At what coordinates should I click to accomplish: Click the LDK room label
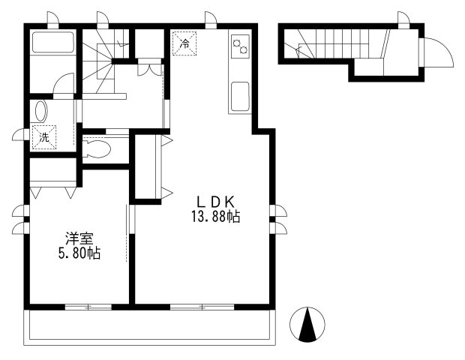click(216, 202)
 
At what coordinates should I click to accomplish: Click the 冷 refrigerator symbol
click(185, 43)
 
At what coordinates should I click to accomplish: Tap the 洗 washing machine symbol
click(43, 137)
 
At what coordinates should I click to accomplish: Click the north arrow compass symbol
click(307, 325)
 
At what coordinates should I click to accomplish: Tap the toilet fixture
click(97, 148)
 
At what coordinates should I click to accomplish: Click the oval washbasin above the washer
click(40, 112)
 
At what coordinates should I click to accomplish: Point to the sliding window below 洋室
click(88, 307)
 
